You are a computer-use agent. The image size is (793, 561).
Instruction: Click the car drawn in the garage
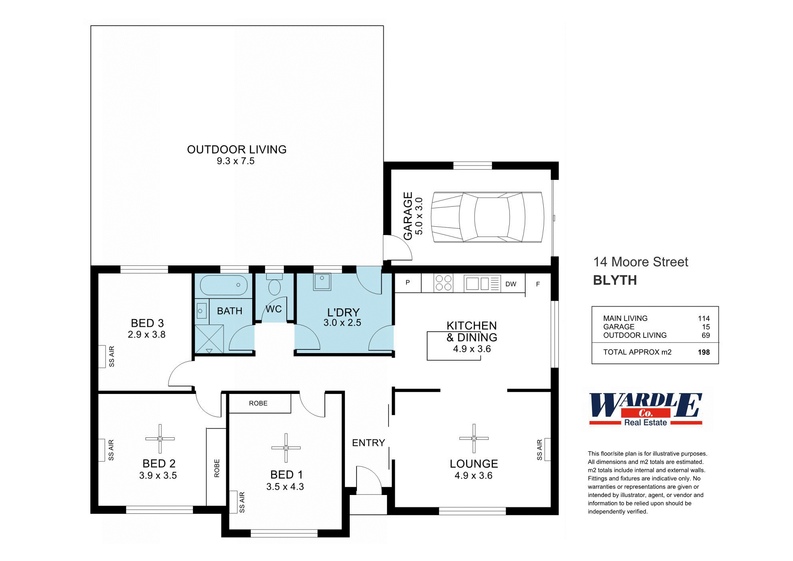(x=487, y=217)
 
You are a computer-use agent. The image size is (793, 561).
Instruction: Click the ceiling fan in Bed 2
(x=160, y=439)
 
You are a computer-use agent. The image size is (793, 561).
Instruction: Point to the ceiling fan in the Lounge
(x=474, y=438)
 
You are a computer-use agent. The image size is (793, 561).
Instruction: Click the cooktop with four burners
(x=443, y=283)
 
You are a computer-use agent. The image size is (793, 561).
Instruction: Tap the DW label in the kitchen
(x=510, y=284)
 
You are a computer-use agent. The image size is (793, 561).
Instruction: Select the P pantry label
(x=408, y=283)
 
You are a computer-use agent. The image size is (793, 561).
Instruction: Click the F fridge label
(x=538, y=284)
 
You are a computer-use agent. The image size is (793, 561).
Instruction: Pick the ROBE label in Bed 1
(x=258, y=403)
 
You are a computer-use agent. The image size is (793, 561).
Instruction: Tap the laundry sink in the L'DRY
(x=322, y=281)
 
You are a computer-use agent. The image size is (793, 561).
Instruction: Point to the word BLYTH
(x=615, y=280)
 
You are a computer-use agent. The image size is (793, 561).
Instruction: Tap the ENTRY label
(x=368, y=443)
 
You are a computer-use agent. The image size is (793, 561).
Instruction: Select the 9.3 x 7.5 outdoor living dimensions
(x=235, y=161)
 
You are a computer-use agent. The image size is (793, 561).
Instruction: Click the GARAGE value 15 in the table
(x=705, y=327)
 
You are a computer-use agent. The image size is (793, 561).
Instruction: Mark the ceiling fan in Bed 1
(x=286, y=448)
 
